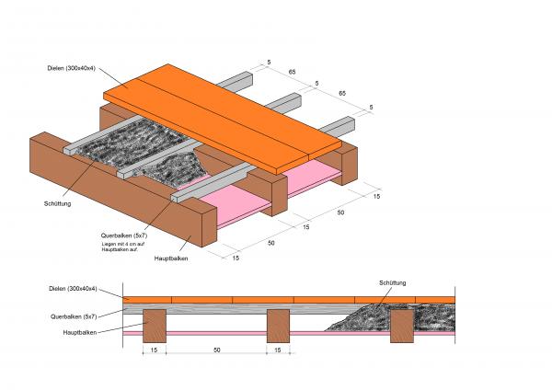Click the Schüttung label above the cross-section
pyautogui.click(x=392, y=282)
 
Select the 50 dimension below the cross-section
pyautogui.click(x=216, y=350)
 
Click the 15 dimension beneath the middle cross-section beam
pyautogui.click(x=279, y=350)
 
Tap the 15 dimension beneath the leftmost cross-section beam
pyautogui.click(x=154, y=350)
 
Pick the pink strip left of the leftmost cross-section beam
pyautogui.click(x=133, y=333)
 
